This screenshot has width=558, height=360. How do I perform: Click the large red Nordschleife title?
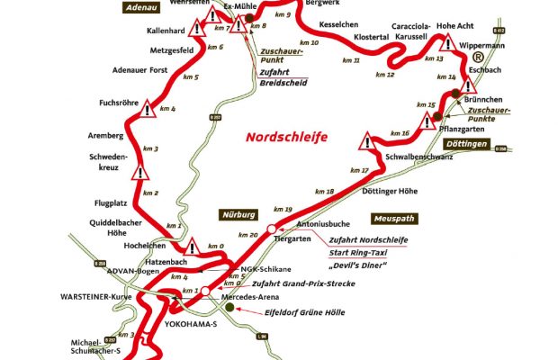point(285,137)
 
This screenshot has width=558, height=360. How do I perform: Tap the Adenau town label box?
point(144,6)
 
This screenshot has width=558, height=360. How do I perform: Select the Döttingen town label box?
point(467,145)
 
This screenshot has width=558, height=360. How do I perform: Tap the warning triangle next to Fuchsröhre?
point(148,104)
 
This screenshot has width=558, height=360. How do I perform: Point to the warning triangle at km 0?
point(193,246)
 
